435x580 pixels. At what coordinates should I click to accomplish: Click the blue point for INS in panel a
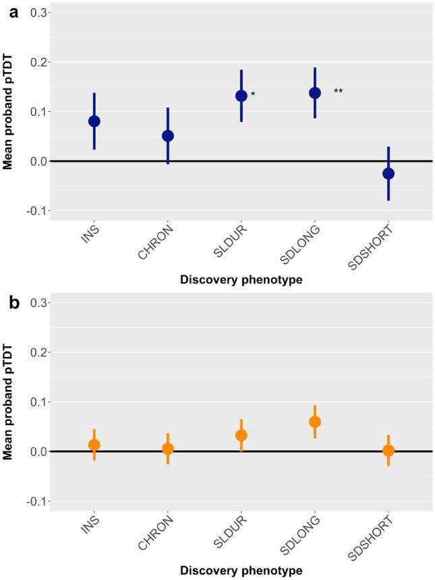coord(94,121)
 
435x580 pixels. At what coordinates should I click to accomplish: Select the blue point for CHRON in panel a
coord(168,135)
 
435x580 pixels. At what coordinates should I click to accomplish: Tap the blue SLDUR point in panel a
coord(241,96)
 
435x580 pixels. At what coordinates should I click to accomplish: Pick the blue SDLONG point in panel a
coord(315,93)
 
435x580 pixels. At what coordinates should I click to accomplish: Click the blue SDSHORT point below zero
coord(388,173)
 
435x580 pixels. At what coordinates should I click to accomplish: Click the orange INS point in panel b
coord(94,445)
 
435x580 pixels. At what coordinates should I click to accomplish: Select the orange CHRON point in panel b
coord(168,449)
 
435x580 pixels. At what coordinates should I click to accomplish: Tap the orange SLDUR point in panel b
coord(241,435)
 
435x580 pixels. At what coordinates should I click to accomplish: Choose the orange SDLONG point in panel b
coord(315,422)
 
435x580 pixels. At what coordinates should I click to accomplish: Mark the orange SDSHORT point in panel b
coord(388,451)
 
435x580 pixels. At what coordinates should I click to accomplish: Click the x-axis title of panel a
coord(241,280)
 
